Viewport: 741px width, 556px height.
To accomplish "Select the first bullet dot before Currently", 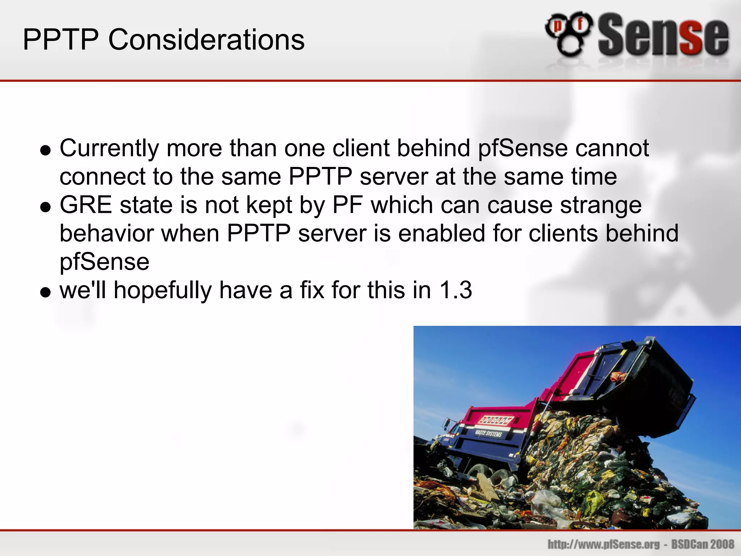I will [46, 150].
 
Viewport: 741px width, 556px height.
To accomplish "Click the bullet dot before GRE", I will [46, 207].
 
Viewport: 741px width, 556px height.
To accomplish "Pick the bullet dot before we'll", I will [46, 292].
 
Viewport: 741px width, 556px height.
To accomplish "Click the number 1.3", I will [456, 290].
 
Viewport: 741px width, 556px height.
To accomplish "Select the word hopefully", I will [162, 291].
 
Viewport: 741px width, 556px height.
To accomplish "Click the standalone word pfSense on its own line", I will [104, 262].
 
